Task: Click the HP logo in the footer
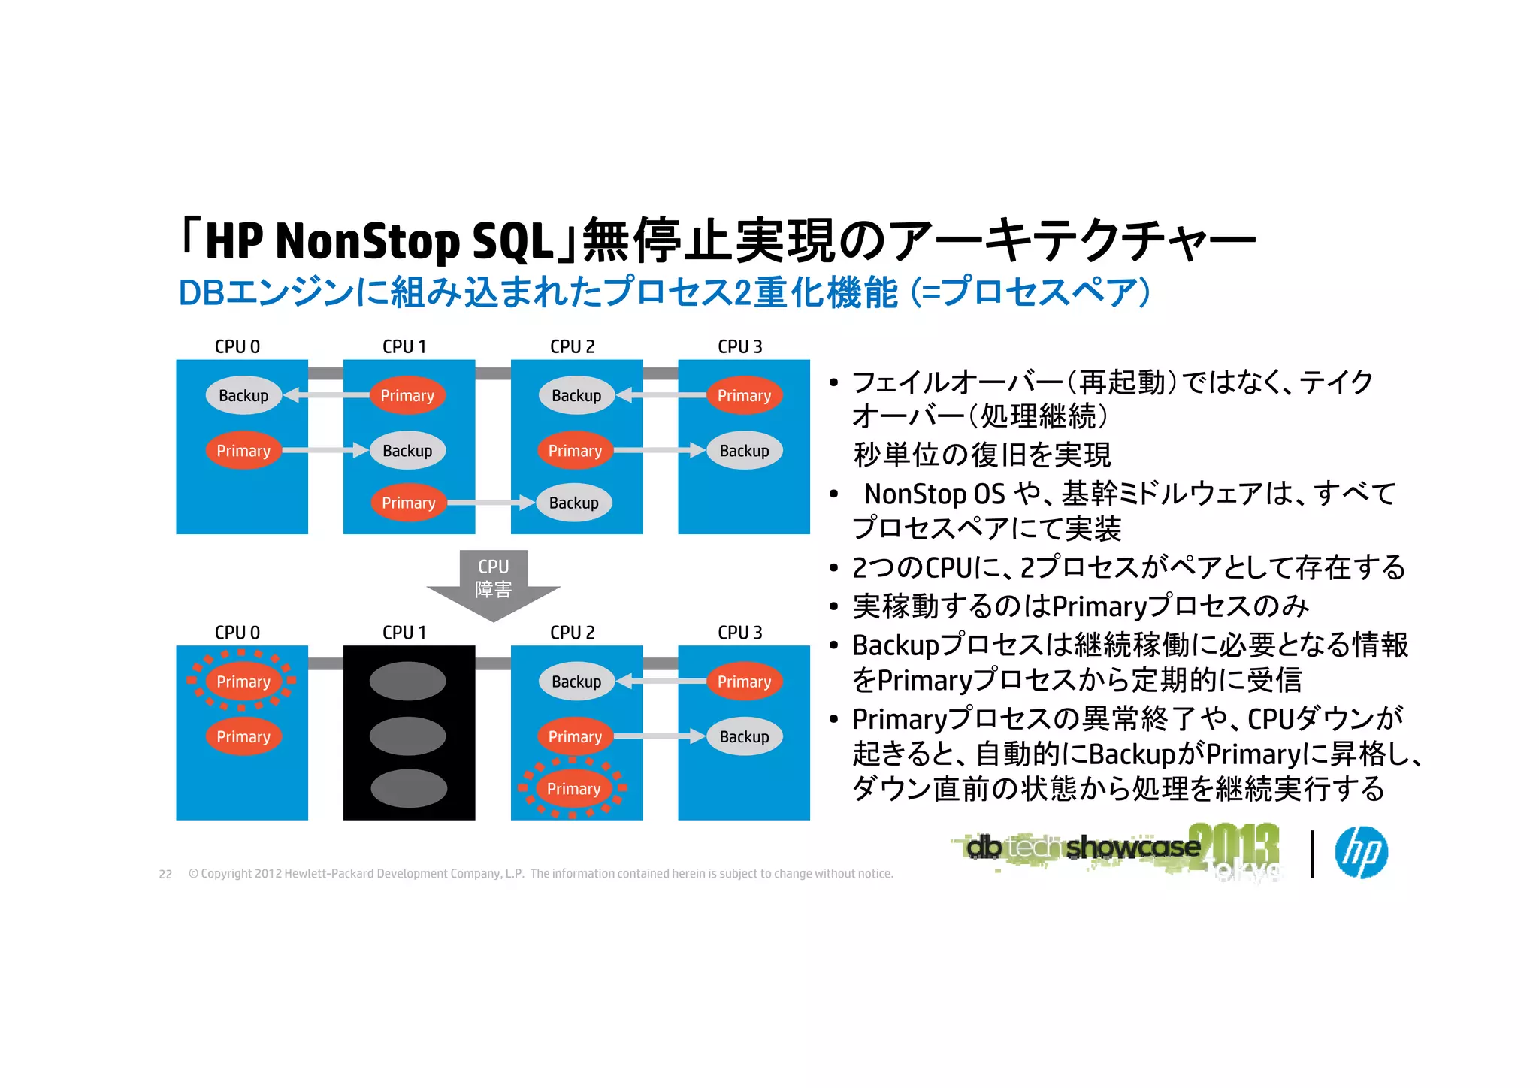click(1361, 852)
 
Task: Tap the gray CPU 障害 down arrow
click(493, 585)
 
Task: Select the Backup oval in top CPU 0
click(243, 395)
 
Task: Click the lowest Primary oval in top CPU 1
click(409, 503)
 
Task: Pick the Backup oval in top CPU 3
click(744, 451)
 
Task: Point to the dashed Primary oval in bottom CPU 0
click(243, 682)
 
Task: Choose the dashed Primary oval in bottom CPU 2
click(573, 789)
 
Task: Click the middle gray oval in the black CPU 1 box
click(408, 736)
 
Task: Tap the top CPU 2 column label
click(572, 346)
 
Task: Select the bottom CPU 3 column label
click(739, 633)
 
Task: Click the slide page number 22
click(165, 874)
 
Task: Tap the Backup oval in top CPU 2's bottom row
click(573, 503)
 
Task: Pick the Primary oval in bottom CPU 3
click(744, 682)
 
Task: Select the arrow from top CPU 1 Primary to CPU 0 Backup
click(327, 394)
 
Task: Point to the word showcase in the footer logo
click(1132, 848)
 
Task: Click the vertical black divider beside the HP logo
click(1312, 854)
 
